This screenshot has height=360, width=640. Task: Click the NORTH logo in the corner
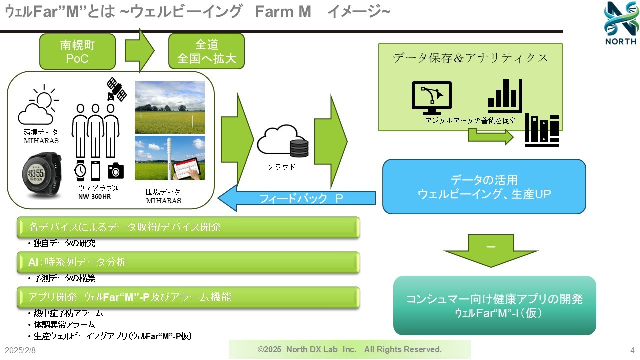pyautogui.click(x=620, y=23)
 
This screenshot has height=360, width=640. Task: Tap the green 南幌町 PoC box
pyautogui.click(x=77, y=51)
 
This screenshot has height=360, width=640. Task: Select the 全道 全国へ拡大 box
pyautogui.click(x=206, y=51)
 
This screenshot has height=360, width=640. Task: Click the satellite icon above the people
pyautogui.click(x=116, y=89)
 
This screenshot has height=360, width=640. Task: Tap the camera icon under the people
pyautogui.click(x=116, y=170)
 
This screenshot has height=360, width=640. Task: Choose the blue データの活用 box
pyautogui.click(x=484, y=186)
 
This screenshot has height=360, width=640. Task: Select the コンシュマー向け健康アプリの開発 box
pyautogui.click(x=494, y=305)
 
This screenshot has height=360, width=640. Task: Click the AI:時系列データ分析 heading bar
pyautogui.click(x=188, y=262)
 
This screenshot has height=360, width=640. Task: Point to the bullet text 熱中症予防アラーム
pyautogui.click(x=68, y=313)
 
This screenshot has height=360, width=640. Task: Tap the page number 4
pyautogui.click(x=632, y=350)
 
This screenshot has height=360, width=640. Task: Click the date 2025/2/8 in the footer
pyautogui.click(x=20, y=350)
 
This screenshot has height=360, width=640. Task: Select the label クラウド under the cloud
pyautogui.click(x=282, y=167)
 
